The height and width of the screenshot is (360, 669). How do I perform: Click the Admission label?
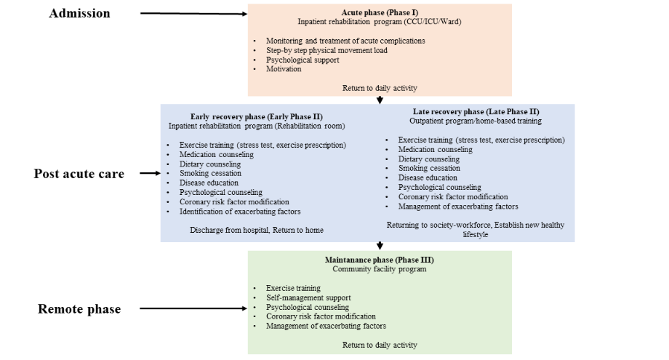(x=80, y=13)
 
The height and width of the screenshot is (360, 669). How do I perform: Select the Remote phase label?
(x=79, y=309)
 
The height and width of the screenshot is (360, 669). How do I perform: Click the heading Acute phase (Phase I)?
(x=380, y=12)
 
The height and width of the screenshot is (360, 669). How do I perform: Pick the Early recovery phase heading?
(x=257, y=116)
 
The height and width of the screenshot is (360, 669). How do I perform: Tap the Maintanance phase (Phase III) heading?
(x=379, y=260)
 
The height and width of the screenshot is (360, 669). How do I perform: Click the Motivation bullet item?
(x=284, y=70)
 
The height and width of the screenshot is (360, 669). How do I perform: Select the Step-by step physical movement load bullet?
(x=327, y=51)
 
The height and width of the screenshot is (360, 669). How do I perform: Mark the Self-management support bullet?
(x=308, y=298)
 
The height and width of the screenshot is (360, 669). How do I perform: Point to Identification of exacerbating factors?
(x=240, y=212)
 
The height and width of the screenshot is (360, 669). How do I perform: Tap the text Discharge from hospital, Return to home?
(x=257, y=231)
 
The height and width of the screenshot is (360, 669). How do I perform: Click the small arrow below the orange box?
(x=380, y=100)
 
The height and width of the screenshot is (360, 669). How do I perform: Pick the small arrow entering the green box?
(x=380, y=246)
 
